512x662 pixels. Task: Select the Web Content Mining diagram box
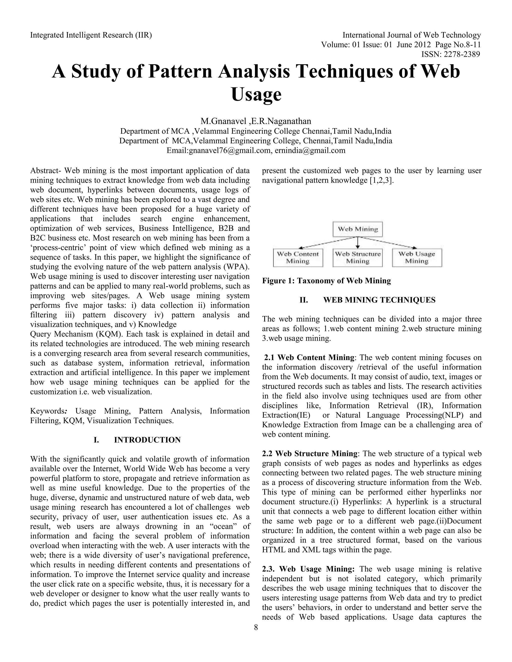[x=298, y=258]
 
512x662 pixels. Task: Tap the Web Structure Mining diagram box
[x=357, y=258]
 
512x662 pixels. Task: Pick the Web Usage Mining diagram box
[x=417, y=258]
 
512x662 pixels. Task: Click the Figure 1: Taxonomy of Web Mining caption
[x=326, y=281]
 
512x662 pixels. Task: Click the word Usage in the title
[x=256, y=94]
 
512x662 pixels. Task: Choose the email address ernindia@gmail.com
[x=310, y=151]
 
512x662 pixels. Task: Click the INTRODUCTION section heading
[x=147, y=440]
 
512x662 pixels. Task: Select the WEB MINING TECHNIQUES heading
[x=379, y=300]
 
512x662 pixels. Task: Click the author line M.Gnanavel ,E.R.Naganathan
[x=256, y=122]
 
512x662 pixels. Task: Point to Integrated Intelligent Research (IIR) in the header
[x=91, y=35]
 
